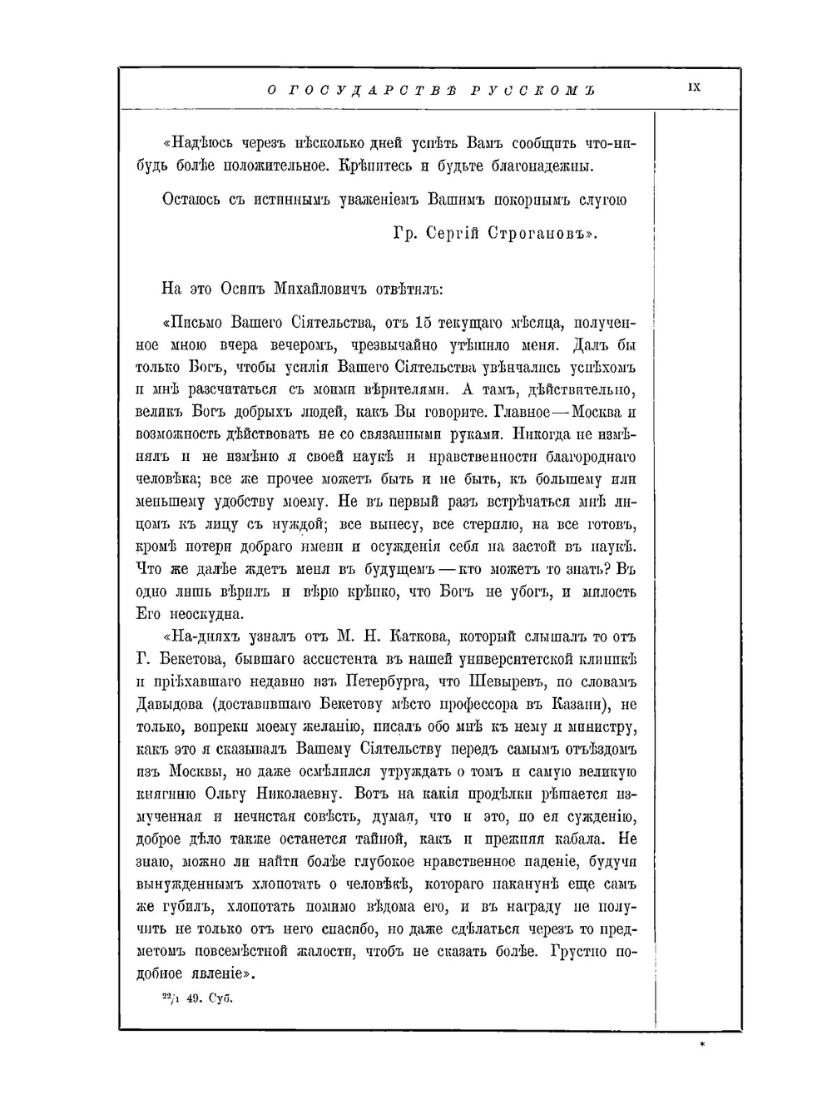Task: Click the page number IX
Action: click(695, 87)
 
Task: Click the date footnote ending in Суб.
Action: click(196, 1000)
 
